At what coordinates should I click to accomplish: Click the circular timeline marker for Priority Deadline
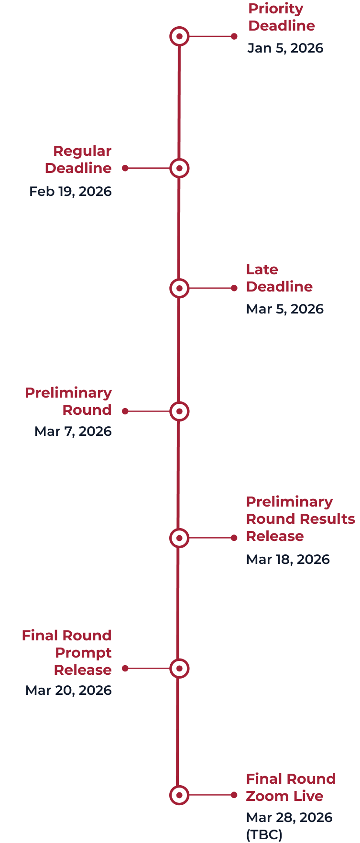(x=179, y=36)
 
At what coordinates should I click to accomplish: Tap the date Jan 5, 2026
(x=285, y=48)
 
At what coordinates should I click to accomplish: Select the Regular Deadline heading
(x=78, y=160)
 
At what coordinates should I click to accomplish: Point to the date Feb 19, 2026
(x=70, y=192)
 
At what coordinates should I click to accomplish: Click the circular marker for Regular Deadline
(x=179, y=168)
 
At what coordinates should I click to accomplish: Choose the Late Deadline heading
(x=279, y=278)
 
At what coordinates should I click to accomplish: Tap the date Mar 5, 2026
(x=284, y=309)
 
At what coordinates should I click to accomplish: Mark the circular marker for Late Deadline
(x=179, y=288)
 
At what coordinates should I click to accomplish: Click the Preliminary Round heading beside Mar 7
(x=68, y=401)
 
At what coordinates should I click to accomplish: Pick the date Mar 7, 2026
(x=73, y=432)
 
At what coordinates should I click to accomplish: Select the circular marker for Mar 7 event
(x=179, y=411)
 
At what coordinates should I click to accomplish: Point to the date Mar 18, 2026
(x=287, y=560)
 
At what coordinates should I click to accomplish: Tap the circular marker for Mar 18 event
(x=179, y=538)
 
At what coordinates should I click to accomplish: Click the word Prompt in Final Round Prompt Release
(x=83, y=653)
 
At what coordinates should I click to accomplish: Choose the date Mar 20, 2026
(x=68, y=691)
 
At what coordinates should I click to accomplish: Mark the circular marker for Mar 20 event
(x=179, y=669)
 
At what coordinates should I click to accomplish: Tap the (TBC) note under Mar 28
(x=264, y=834)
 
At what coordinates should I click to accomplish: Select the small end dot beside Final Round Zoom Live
(x=234, y=795)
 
